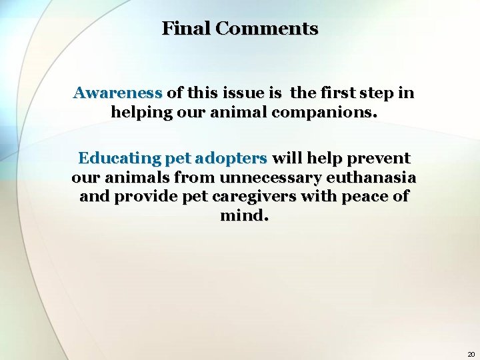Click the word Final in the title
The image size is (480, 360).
click(x=186, y=29)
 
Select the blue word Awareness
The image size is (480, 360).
click(x=118, y=93)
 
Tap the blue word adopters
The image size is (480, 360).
click(x=231, y=159)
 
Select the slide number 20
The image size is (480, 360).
click(x=471, y=354)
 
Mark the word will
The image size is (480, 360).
click(x=287, y=159)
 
